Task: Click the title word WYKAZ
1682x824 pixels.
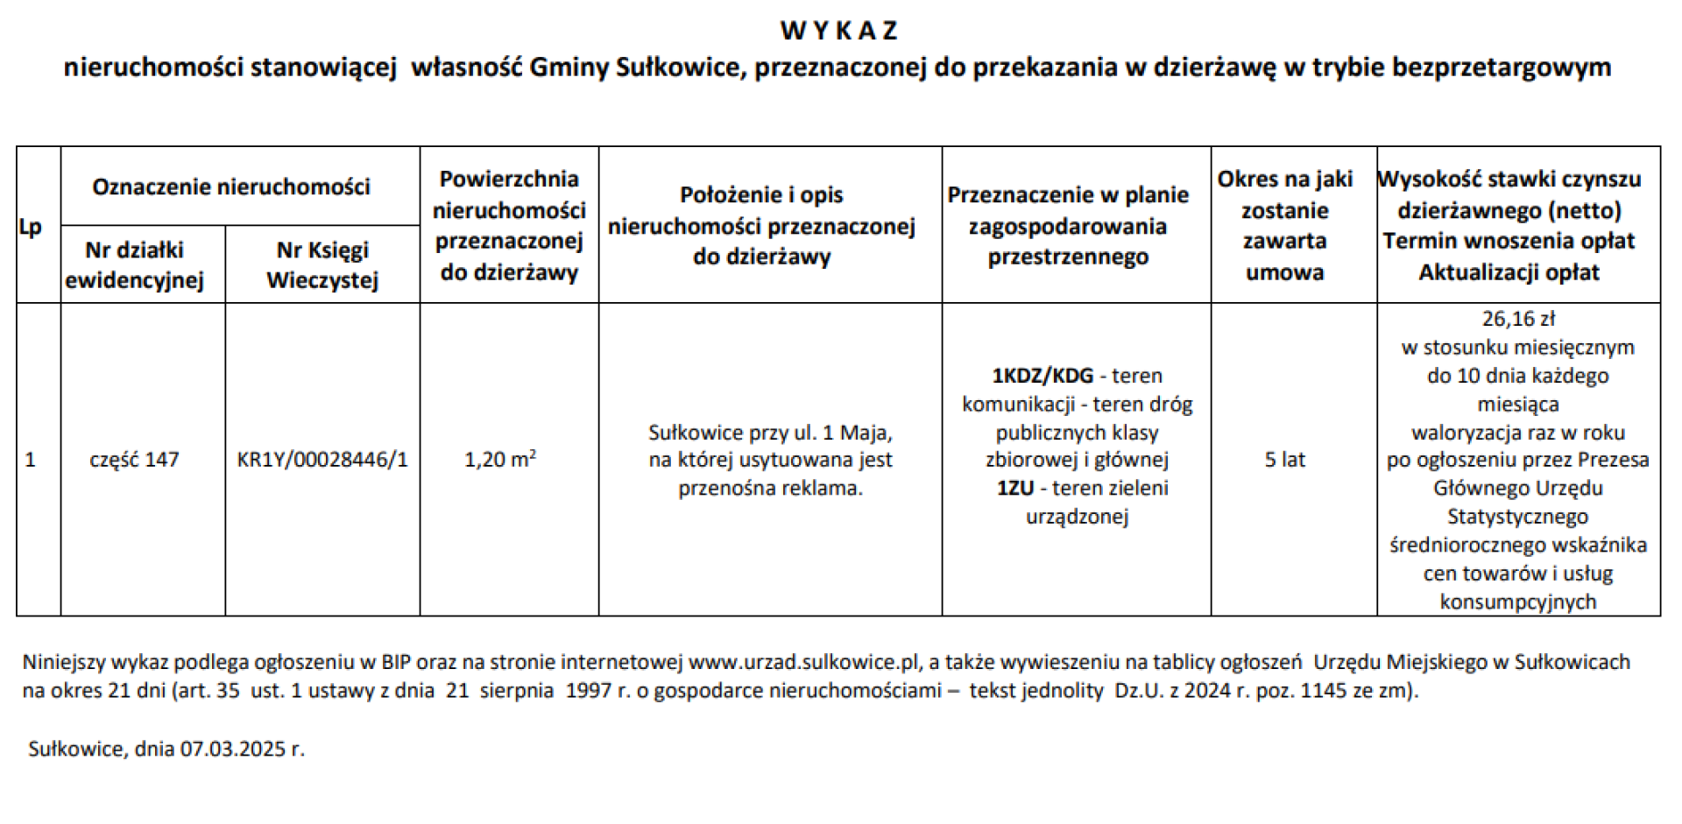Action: [838, 31]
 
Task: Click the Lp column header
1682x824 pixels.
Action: [30, 227]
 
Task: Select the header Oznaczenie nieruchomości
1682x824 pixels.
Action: [231, 187]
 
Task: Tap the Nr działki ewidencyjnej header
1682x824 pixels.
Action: [134, 264]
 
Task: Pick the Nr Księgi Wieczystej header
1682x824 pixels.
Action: [322, 264]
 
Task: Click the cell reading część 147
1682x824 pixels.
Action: [134, 460]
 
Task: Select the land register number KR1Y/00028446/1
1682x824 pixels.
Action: [322, 460]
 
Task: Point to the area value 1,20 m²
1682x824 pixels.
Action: [499, 459]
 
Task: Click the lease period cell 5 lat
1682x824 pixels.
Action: [1284, 460]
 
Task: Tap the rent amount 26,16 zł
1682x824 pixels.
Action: [1517, 319]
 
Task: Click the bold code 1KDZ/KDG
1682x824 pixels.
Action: [1042, 376]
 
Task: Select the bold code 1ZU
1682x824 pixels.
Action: [1014, 488]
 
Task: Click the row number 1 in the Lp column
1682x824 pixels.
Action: [30, 460]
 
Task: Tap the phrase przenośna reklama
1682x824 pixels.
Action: [770, 488]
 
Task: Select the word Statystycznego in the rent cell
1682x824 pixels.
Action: [1517, 517]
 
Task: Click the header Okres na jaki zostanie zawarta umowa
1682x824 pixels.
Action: [1284, 225]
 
